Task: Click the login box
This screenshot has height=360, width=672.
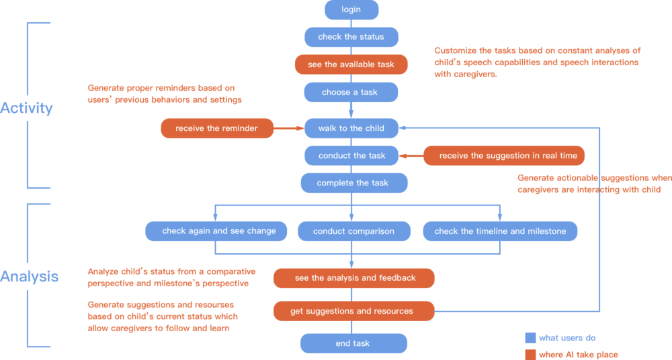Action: click(x=351, y=9)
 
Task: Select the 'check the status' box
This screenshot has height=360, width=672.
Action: click(x=351, y=37)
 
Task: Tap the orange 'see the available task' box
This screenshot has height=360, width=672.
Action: click(x=351, y=64)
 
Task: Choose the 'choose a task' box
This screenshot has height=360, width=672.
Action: click(x=351, y=92)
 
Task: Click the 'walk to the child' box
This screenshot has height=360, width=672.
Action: click(x=351, y=128)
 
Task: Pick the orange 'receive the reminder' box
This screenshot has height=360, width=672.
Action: click(x=216, y=128)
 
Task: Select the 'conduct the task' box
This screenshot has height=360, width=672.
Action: click(x=351, y=156)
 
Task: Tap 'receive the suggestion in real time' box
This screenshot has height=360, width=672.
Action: click(x=503, y=156)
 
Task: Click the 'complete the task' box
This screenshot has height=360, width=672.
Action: click(x=353, y=183)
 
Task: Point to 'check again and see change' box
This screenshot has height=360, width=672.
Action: click(x=216, y=231)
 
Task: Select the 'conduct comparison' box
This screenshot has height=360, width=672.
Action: click(x=353, y=231)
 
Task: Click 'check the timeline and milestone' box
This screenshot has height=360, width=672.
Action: click(x=500, y=231)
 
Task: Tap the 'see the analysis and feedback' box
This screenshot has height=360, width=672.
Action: click(x=354, y=277)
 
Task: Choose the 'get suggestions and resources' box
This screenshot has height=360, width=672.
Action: click(x=353, y=311)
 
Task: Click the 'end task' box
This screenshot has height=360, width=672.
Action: click(x=353, y=343)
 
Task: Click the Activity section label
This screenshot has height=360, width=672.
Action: click(x=27, y=108)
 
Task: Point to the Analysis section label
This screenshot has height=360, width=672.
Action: click(x=29, y=276)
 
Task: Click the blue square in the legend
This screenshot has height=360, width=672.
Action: click(x=530, y=338)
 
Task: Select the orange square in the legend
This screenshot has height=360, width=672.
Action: click(x=530, y=354)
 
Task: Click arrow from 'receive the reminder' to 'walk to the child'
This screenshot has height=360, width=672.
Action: click(x=289, y=128)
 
